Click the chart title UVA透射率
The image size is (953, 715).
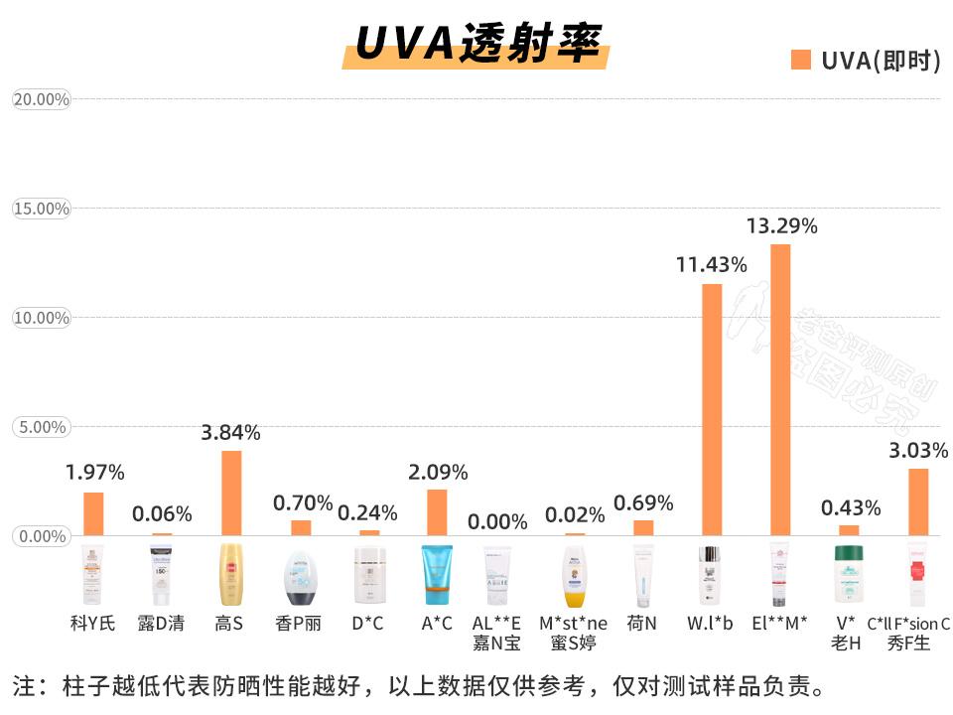pos(477,44)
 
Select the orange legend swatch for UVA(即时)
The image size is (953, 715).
pos(801,60)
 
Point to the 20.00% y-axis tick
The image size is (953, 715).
pos(41,99)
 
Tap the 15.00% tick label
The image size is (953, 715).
pos(41,209)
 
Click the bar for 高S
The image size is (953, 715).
pos(230,493)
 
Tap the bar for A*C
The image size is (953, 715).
pos(437,512)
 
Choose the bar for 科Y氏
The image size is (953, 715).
pos(93,513)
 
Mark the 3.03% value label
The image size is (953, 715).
pos(918,450)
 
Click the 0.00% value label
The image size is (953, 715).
pos(498,521)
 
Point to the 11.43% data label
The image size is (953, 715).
pos(711,265)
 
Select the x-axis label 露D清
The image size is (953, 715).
pos(161,624)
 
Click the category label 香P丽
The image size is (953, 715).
pos(298,624)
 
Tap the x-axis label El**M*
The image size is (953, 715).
pos(779,624)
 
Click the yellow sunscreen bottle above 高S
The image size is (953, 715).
pos(230,575)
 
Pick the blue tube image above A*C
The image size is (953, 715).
pos(437,575)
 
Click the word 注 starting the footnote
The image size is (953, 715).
pos(23,686)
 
